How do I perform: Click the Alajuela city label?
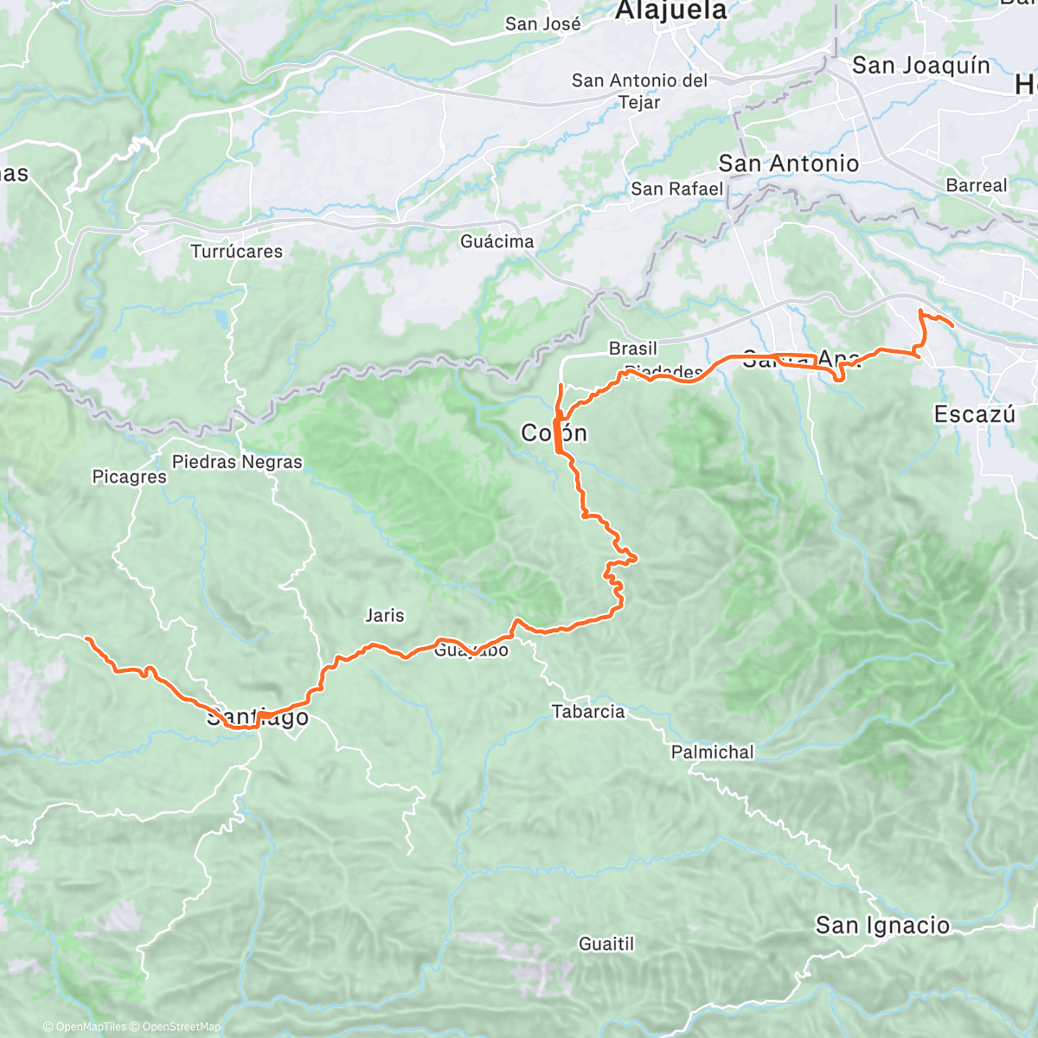[x=671, y=11]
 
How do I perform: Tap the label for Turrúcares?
[x=236, y=252]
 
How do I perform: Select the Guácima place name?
[x=497, y=241]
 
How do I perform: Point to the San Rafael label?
[x=676, y=189]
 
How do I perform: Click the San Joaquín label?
[x=920, y=66]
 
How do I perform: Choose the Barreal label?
[x=977, y=186]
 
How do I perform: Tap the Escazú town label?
[x=974, y=414]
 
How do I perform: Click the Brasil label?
[x=632, y=349]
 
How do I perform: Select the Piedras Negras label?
[x=237, y=462]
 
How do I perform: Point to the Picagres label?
[x=129, y=477]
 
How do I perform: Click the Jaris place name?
[x=384, y=616]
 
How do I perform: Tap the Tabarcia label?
[x=588, y=712]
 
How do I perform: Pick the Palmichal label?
[x=712, y=753]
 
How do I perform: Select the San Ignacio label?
[x=882, y=926]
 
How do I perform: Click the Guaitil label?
[x=606, y=944]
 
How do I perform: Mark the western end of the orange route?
[x=87, y=638]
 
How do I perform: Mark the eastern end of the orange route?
[x=952, y=325]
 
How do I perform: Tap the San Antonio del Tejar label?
[x=639, y=91]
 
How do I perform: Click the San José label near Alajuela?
[x=542, y=24]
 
